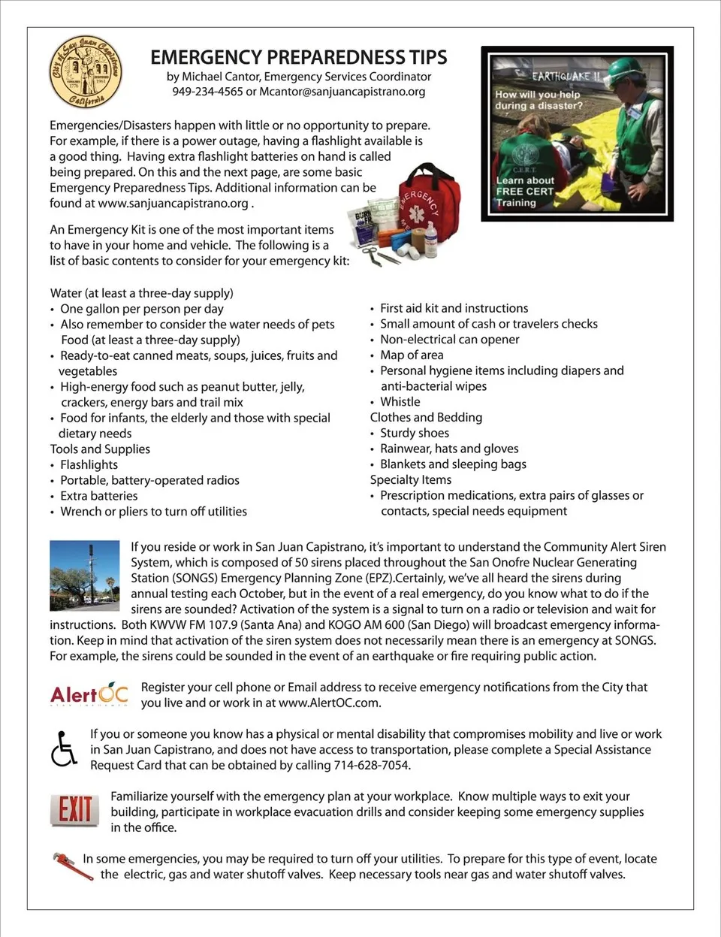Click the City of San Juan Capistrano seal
[x=86, y=72]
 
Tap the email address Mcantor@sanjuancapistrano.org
[x=342, y=92]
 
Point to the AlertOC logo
[x=89, y=695]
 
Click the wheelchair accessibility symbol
[x=64, y=748]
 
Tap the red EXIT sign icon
[x=74, y=810]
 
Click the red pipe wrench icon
[x=72, y=866]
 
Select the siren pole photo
[x=84, y=575]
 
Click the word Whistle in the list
[x=400, y=402]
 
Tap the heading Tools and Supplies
[x=100, y=449]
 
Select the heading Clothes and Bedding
[x=426, y=417]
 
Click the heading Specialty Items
[x=411, y=479]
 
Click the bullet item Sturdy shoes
[x=414, y=433]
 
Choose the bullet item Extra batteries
[x=98, y=496]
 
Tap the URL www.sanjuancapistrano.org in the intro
[x=173, y=203]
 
